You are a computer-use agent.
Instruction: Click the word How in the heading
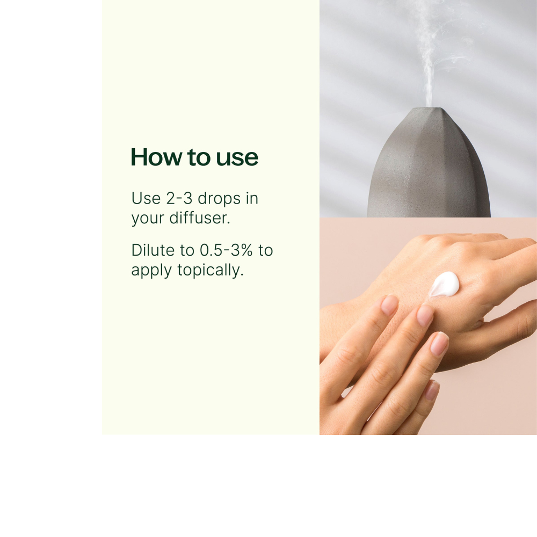pyautogui.click(x=156, y=157)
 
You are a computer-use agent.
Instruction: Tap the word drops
pyautogui.click(x=219, y=199)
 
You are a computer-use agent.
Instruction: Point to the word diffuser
pyautogui.click(x=199, y=218)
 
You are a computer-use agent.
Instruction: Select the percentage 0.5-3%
pyautogui.click(x=226, y=250)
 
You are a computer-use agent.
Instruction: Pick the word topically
pyautogui.click(x=211, y=271)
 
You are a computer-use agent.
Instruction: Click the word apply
pyautogui.click(x=151, y=271)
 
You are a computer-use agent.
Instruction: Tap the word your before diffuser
pyautogui.click(x=148, y=220)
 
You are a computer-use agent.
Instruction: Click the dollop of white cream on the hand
pyautogui.click(x=444, y=284)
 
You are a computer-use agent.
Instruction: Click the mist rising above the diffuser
pyautogui.click(x=429, y=55)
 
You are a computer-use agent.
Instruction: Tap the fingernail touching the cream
pyautogui.click(x=425, y=315)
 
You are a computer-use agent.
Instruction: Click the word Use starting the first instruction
pyautogui.click(x=146, y=198)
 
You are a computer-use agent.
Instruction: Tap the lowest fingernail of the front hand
pyautogui.click(x=432, y=391)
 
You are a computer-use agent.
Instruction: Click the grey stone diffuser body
pyautogui.click(x=429, y=164)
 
